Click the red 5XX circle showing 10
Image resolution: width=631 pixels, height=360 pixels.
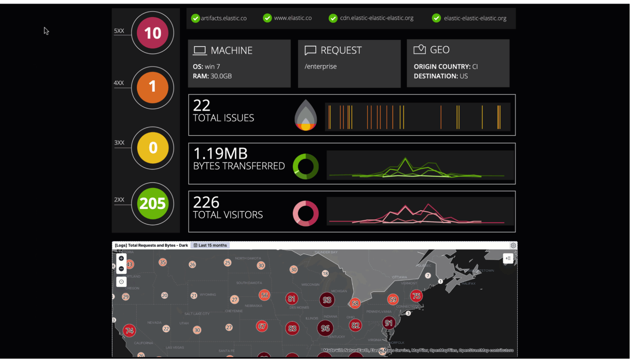(x=153, y=33)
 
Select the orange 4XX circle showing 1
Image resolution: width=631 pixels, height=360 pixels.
(x=153, y=87)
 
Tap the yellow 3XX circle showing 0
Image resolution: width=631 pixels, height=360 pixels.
(x=153, y=148)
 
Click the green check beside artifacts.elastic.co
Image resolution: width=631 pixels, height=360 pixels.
(x=196, y=18)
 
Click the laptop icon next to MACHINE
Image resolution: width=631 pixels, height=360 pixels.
(x=200, y=50)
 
